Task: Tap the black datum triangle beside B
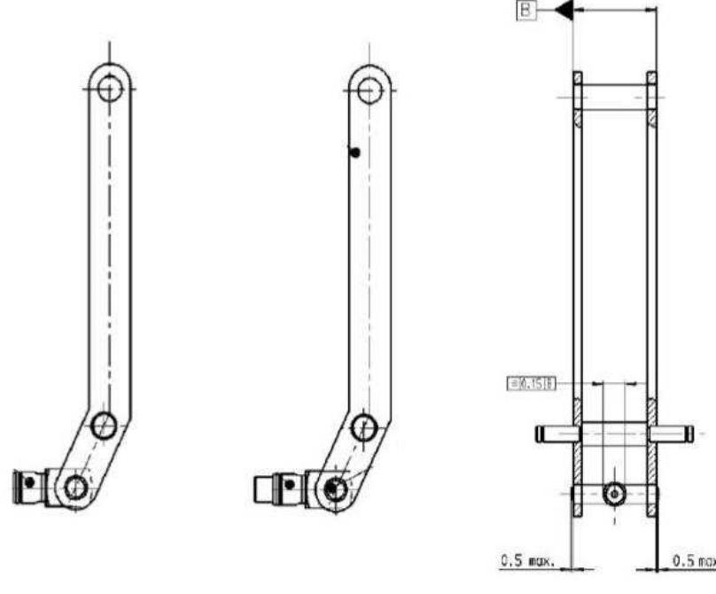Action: tap(562, 12)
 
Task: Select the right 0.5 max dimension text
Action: tap(692, 562)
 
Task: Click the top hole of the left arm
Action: tap(110, 88)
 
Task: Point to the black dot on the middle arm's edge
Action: tap(354, 152)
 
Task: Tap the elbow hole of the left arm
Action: tap(105, 422)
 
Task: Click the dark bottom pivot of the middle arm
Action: tap(334, 487)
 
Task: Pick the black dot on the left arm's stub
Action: tap(30, 481)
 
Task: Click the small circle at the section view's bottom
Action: tap(613, 493)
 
